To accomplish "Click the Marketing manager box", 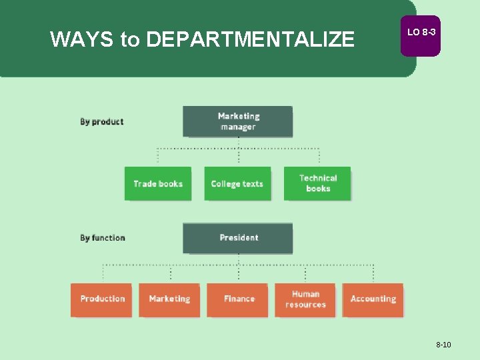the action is point(237,121).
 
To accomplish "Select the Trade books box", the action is point(158,183).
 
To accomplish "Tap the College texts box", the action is point(237,183).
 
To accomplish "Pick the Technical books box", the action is point(317,183).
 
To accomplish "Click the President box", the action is point(238,238).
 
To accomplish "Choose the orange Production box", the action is point(102,299).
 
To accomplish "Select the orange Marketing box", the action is point(169,299).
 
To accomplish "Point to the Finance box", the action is point(238,299).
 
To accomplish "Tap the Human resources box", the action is point(305,299).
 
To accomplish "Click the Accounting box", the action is point(373,299).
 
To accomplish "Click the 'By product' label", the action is point(101,122).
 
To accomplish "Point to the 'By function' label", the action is point(102,238).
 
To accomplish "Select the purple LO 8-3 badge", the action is point(421,33).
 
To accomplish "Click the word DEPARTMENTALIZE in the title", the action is point(250,40).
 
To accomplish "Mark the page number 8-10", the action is point(443,345).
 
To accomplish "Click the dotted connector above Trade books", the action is point(158,156).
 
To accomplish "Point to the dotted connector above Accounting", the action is point(373,273).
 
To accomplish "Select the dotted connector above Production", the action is point(103,273).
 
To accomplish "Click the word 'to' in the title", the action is point(129,40).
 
